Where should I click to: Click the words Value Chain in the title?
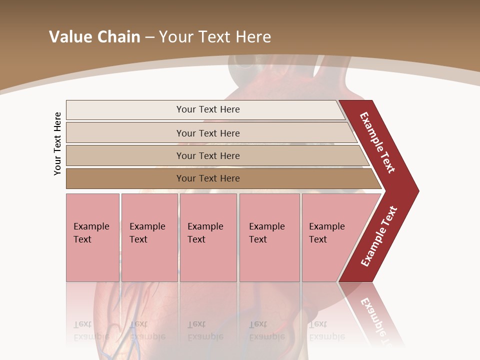pos(94,37)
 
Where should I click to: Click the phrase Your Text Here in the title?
pos(215,37)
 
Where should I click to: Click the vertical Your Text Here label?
pos(58,143)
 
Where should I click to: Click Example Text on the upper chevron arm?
pos(378,142)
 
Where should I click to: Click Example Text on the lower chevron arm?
pos(379,236)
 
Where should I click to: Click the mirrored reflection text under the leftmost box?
pos(91,330)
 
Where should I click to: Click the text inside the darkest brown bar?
pos(208,178)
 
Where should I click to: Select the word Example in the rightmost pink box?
pos(327,226)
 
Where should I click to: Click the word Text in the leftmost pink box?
pos(82,239)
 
